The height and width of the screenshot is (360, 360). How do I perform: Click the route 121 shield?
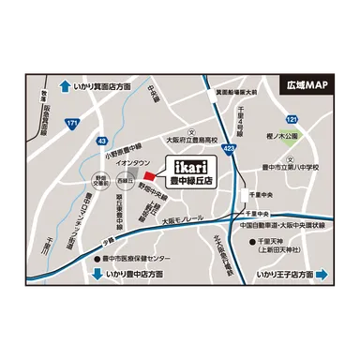(292, 121)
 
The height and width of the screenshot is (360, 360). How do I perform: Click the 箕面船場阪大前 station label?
(231, 93)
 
